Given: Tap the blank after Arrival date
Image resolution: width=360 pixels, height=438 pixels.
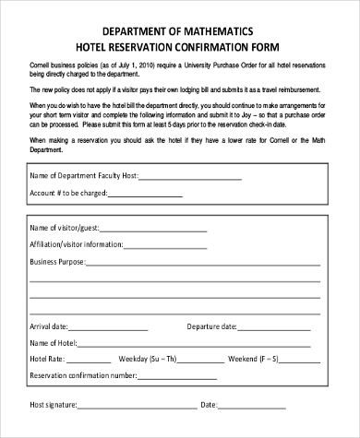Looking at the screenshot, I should click(x=111, y=326).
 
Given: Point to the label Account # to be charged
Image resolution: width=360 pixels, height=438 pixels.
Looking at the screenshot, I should click(x=69, y=193).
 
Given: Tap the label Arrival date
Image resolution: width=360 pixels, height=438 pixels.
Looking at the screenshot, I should click(x=48, y=326).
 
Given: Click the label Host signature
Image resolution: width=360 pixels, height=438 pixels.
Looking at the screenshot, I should click(x=52, y=404).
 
